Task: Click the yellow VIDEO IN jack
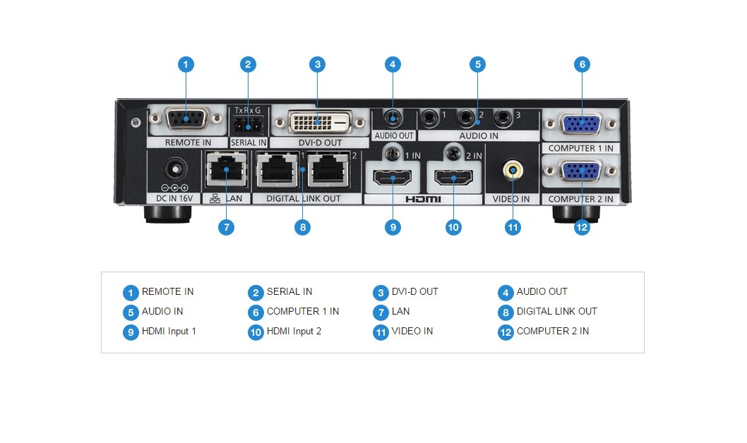click(x=513, y=170)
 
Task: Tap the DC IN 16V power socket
click(x=175, y=169)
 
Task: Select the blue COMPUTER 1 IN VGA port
click(x=581, y=124)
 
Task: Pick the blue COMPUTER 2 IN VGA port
click(x=581, y=171)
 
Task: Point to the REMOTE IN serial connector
click(x=186, y=119)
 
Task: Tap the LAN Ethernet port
click(x=227, y=169)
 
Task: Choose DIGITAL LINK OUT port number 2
click(x=328, y=169)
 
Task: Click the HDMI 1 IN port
click(x=393, y=178)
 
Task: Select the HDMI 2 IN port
click(x=453, y=178)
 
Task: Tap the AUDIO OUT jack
click(x=393, y=119)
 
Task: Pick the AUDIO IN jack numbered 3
click(x=503, y=118)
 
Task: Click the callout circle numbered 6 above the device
click(x=582, y=64)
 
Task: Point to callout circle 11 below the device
click(x=513, y=227)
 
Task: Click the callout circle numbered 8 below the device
click(x=302, y=227)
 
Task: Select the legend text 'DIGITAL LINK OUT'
click(x=556, y=311)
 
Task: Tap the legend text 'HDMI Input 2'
click(x=294, y=331)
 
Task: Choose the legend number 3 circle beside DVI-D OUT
click(x=381, y=293)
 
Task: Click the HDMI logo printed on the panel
click(x=423, y=199)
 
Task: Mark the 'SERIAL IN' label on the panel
click(x=249, y=142)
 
